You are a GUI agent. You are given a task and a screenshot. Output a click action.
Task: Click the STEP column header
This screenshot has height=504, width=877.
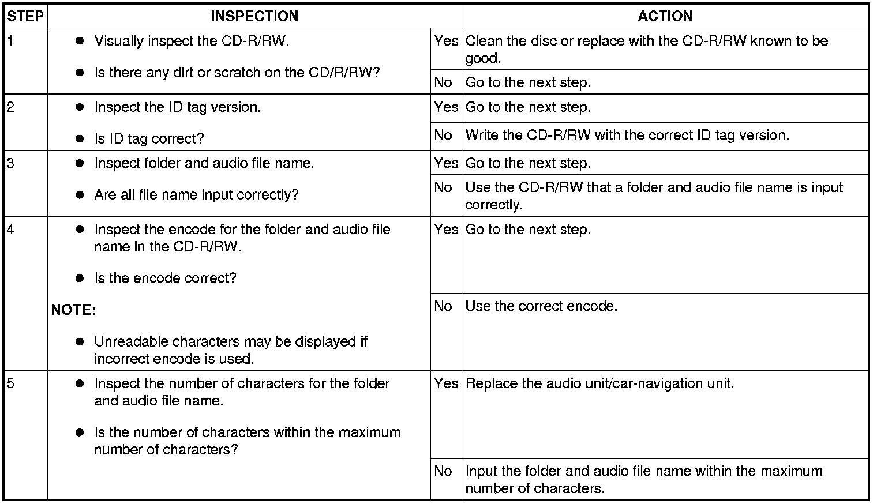(x=25, y=16)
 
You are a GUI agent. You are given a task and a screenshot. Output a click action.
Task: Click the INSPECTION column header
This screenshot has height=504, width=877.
(x=254, y=16)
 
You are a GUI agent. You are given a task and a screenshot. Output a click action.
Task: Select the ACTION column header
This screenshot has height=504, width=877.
(x=665, y=16)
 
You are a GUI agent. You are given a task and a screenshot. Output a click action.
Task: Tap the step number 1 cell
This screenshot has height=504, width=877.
(x=10, y=40)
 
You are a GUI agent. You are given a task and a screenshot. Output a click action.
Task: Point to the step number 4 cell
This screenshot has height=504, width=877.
(x=10, y=229)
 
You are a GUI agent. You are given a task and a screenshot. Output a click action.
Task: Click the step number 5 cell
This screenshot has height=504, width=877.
(x=10, y=383)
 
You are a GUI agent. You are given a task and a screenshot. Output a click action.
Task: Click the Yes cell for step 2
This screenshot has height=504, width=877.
(x=445, y=107)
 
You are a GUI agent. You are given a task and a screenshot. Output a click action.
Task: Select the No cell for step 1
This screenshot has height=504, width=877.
(x=443, y=82)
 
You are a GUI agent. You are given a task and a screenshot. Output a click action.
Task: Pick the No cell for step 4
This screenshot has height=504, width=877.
(x=443, y=306)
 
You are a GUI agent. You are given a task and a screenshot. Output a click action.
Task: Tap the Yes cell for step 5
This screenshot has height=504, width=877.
(x=445, y=383)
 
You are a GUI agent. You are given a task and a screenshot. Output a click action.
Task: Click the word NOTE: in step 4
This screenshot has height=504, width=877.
(x=73, y=310)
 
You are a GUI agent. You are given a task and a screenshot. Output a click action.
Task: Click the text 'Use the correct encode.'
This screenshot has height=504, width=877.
(x=541, y=306)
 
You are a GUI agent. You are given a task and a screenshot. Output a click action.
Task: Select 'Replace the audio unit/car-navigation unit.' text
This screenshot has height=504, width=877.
(x=599, y=383)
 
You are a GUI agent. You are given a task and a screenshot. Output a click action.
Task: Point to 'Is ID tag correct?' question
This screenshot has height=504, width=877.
(x=149, y=138)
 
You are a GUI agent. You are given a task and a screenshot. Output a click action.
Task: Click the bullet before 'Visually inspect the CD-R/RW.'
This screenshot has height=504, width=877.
(x=80, y=41)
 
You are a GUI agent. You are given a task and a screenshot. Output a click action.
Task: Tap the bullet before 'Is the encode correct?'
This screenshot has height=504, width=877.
(x=80, y=279)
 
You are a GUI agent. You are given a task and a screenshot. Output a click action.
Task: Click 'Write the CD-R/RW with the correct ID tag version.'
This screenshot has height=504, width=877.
(x=627, y=136)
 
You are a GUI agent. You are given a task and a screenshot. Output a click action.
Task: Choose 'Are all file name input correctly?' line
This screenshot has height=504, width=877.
(x=196, y=195)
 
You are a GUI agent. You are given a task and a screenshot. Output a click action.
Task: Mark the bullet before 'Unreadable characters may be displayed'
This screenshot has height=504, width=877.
(x=80, y=342)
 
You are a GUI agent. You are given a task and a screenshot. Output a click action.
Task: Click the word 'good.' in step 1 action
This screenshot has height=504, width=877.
(x=483, y=58)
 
